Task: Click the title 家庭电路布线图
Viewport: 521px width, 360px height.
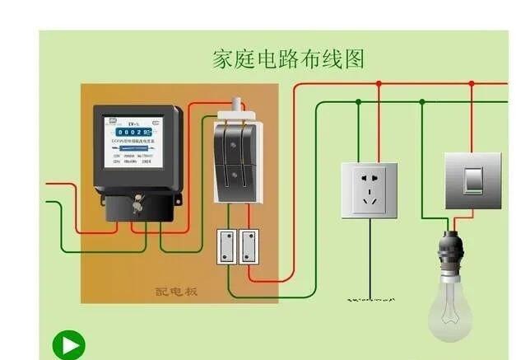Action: pos(288,59)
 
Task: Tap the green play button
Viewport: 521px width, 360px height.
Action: pos(69,345)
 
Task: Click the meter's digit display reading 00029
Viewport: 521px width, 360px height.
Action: pos(132,132)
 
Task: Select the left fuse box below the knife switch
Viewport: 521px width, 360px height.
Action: pos(226,246)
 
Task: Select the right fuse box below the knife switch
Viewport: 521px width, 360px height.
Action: pos(249,246)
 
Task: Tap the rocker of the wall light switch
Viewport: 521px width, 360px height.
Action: pos(472,180)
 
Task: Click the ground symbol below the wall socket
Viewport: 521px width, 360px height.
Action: pos(370,300)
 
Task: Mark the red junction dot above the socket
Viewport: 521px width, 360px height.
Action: pos(379,84)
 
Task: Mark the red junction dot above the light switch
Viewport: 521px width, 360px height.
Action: pos(472,84)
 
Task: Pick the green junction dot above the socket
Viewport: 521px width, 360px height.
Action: pos(359,102)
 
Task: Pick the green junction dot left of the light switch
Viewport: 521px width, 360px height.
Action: pos(422,102)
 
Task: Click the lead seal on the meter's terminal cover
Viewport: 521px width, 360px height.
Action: pos(137,199)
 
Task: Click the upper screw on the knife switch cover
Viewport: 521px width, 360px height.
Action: pos(237,141)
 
